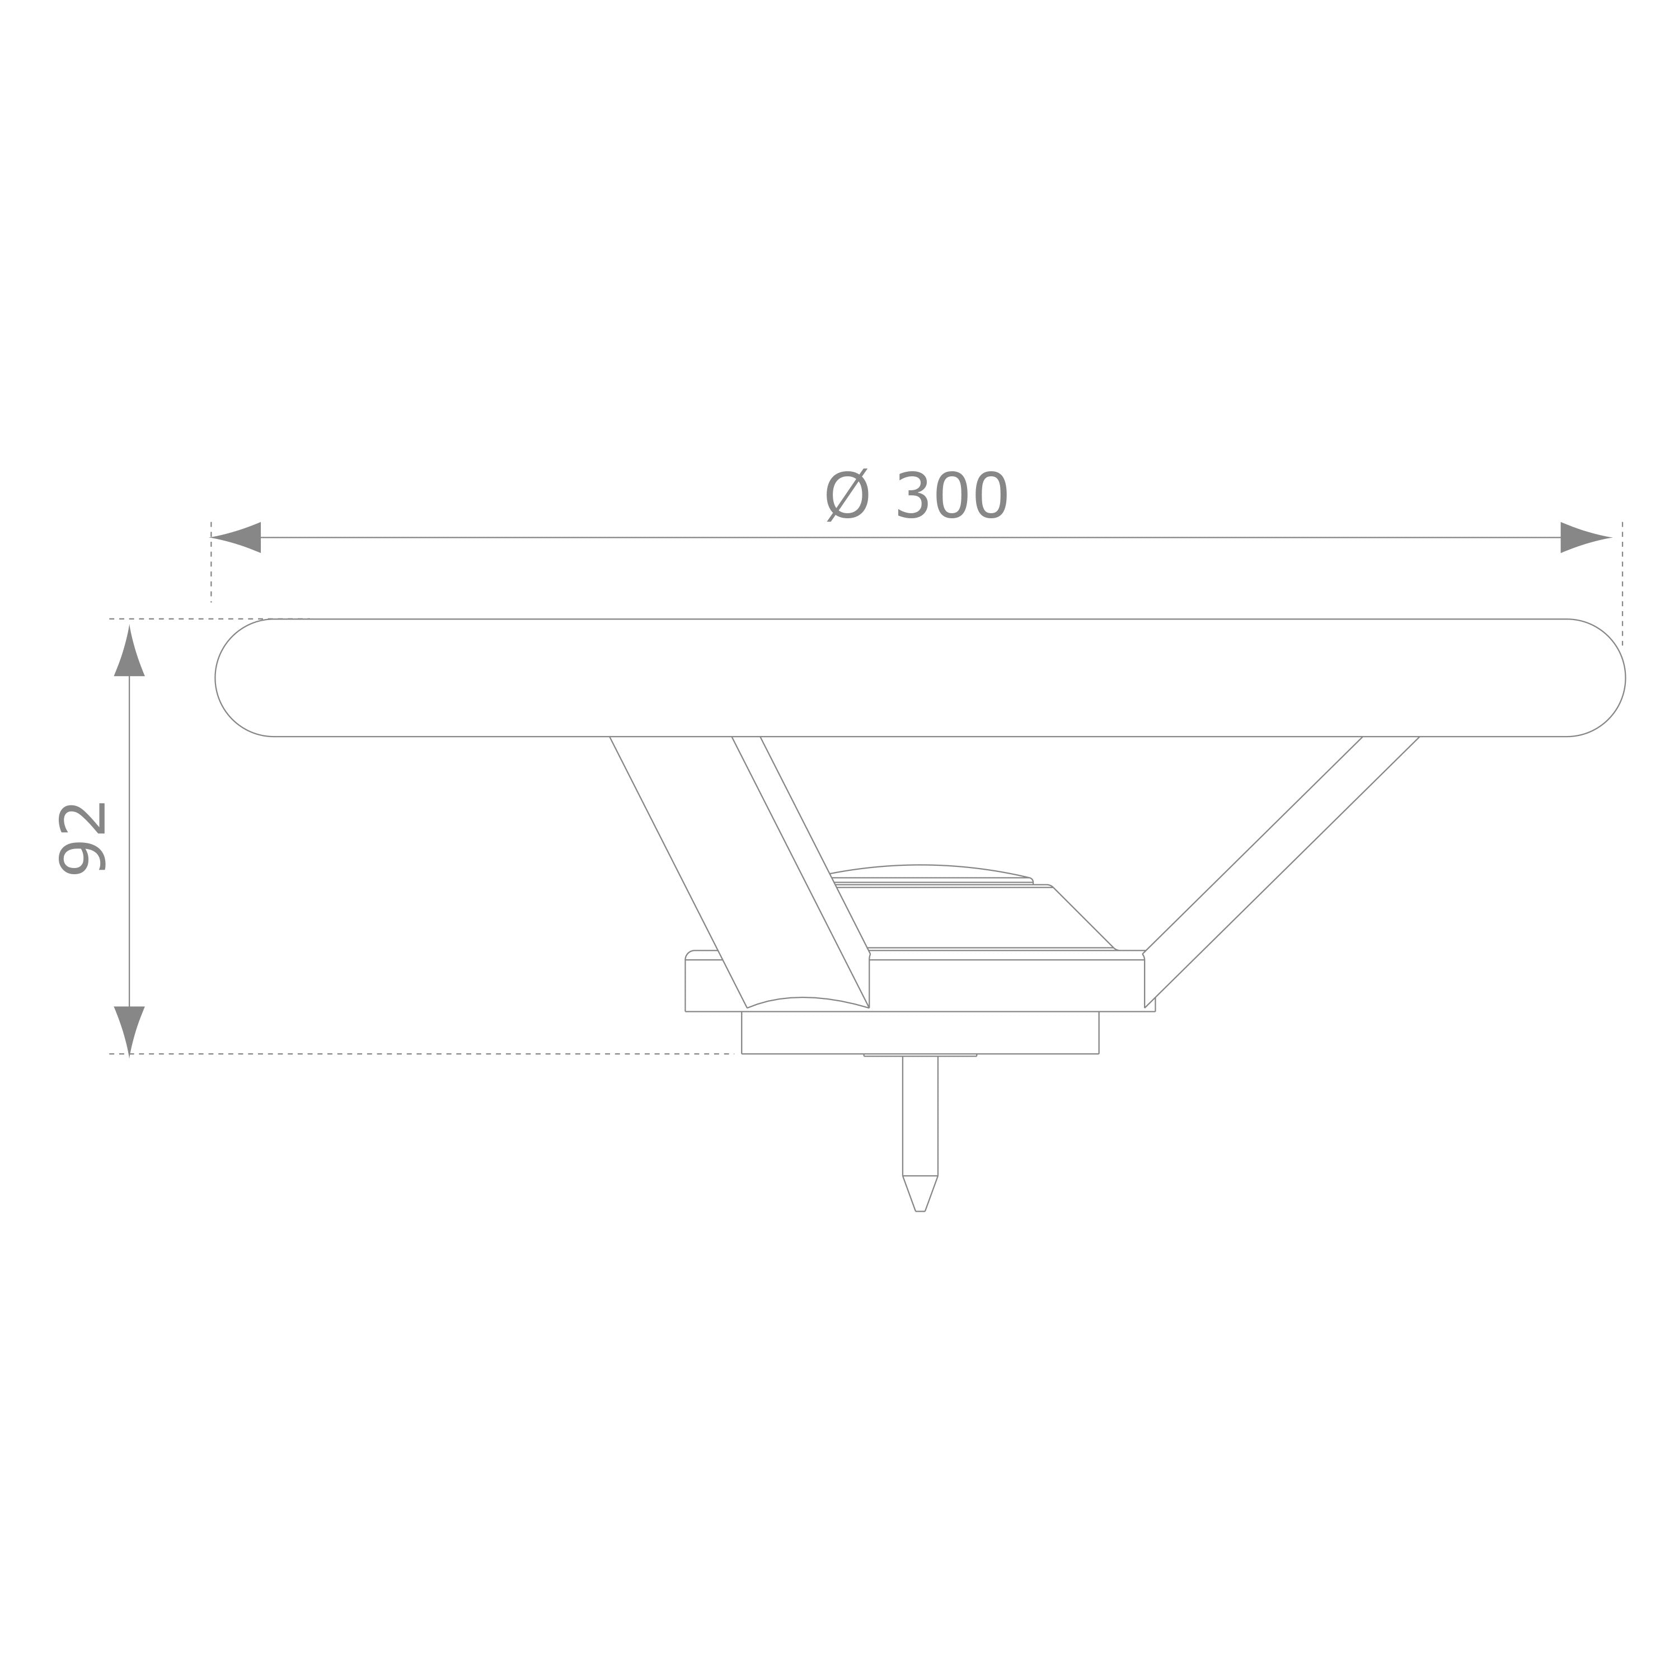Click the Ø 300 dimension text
point(916,496)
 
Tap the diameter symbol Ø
point(847,495)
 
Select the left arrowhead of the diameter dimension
point(236,537)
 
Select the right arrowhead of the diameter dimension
point(1587,537)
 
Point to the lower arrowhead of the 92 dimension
point(129,1031)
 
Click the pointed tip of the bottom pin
point(920,1211)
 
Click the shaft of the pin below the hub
point(920,1115)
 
